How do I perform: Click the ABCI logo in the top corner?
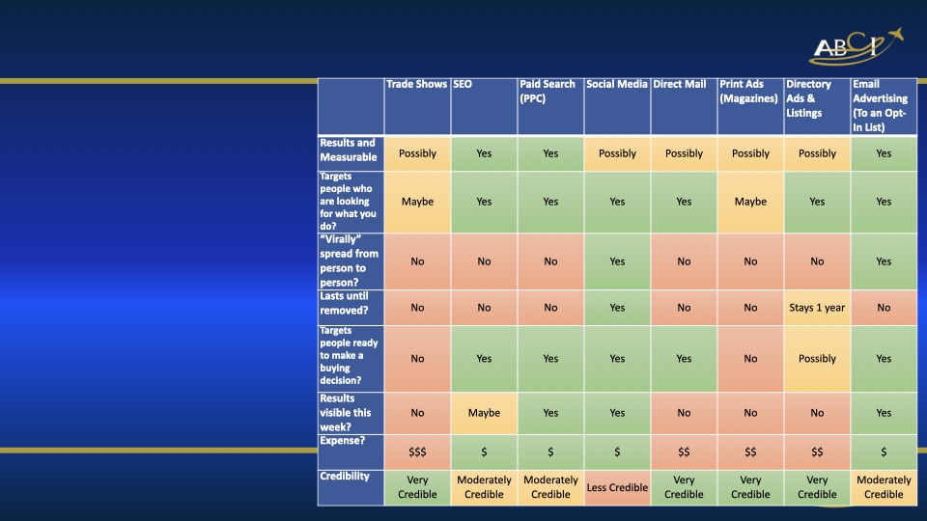pos(856,46)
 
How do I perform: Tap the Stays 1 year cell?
pos(817,308)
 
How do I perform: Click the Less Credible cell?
pos(617,487)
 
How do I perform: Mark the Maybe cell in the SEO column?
pos(484,413)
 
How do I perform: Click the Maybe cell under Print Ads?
pos(750,202)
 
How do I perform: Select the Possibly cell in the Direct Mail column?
pos(684,153)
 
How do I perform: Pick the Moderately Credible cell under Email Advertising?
pos(884,487)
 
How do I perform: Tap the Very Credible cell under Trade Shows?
pos(417,487)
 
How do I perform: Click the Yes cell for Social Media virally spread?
pos(617,261)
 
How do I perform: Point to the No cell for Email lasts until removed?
pos(884,308)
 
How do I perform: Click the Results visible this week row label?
pos(349,412)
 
